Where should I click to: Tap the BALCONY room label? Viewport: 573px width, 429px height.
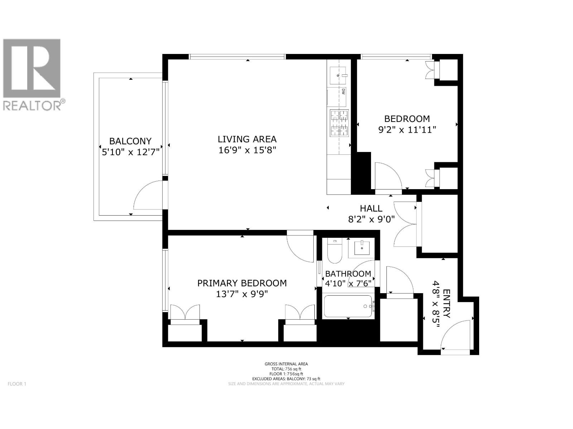click(130, 141)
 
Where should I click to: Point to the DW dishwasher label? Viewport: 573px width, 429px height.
click(343, 92)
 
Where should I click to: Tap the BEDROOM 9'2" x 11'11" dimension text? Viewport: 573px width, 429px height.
click(407, 130)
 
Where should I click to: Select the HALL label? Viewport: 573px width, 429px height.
click(371, 208)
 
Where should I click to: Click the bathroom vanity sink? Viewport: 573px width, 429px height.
click(362, 247)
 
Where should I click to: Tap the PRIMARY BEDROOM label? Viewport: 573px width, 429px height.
click(242, 283)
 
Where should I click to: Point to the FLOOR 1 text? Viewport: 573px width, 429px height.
click(17, 384)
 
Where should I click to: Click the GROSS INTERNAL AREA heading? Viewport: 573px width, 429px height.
click(286, 364)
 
